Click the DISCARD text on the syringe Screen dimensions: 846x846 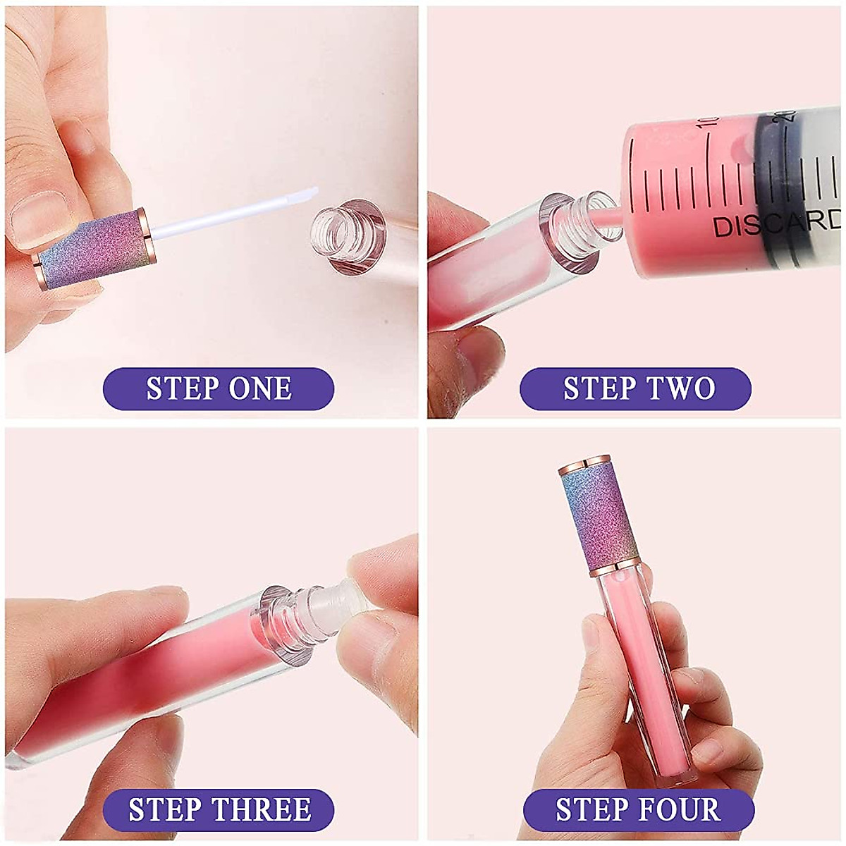(x=775, y=223)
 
